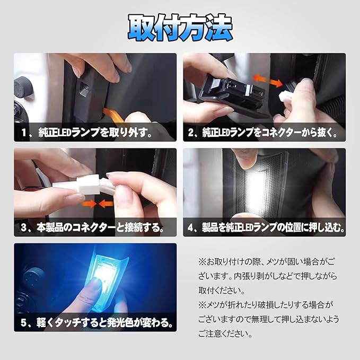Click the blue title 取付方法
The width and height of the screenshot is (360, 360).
click(x=180, y=28)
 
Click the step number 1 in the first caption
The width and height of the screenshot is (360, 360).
click(x=24, y=133)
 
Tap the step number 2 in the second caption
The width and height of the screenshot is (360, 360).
click(x=191, y=133)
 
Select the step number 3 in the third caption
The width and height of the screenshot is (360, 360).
click(x=24, y=227)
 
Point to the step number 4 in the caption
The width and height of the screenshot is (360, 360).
click(x=190, y=227)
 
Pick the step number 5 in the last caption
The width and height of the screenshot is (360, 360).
click(x=24, y=322)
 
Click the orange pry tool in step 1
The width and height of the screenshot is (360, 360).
click(x=113, y=115)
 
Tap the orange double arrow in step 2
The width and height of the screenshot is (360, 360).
click(x=268, y=81)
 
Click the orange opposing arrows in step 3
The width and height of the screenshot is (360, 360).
click(x=98, y=204)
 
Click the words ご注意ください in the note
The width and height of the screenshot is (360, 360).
click(x=225, y=333)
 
